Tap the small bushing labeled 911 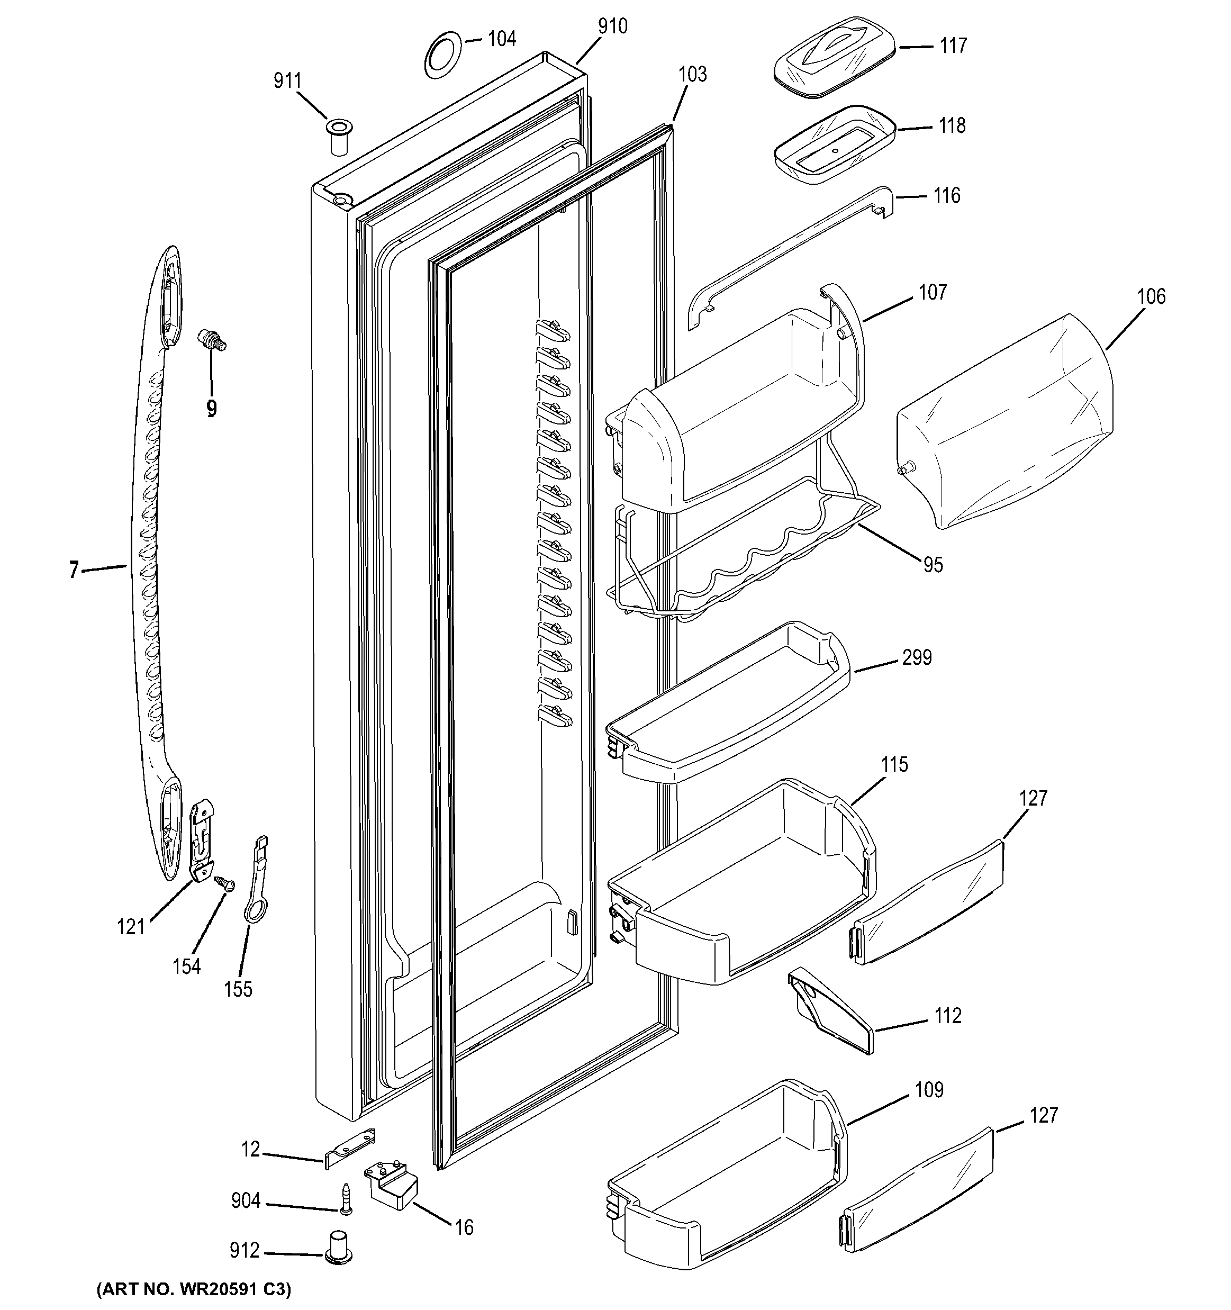(x=338, y=137)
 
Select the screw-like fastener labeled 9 (x=212, y=342)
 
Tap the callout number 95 (x=933, y=565)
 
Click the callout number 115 (x=894, y=764)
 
